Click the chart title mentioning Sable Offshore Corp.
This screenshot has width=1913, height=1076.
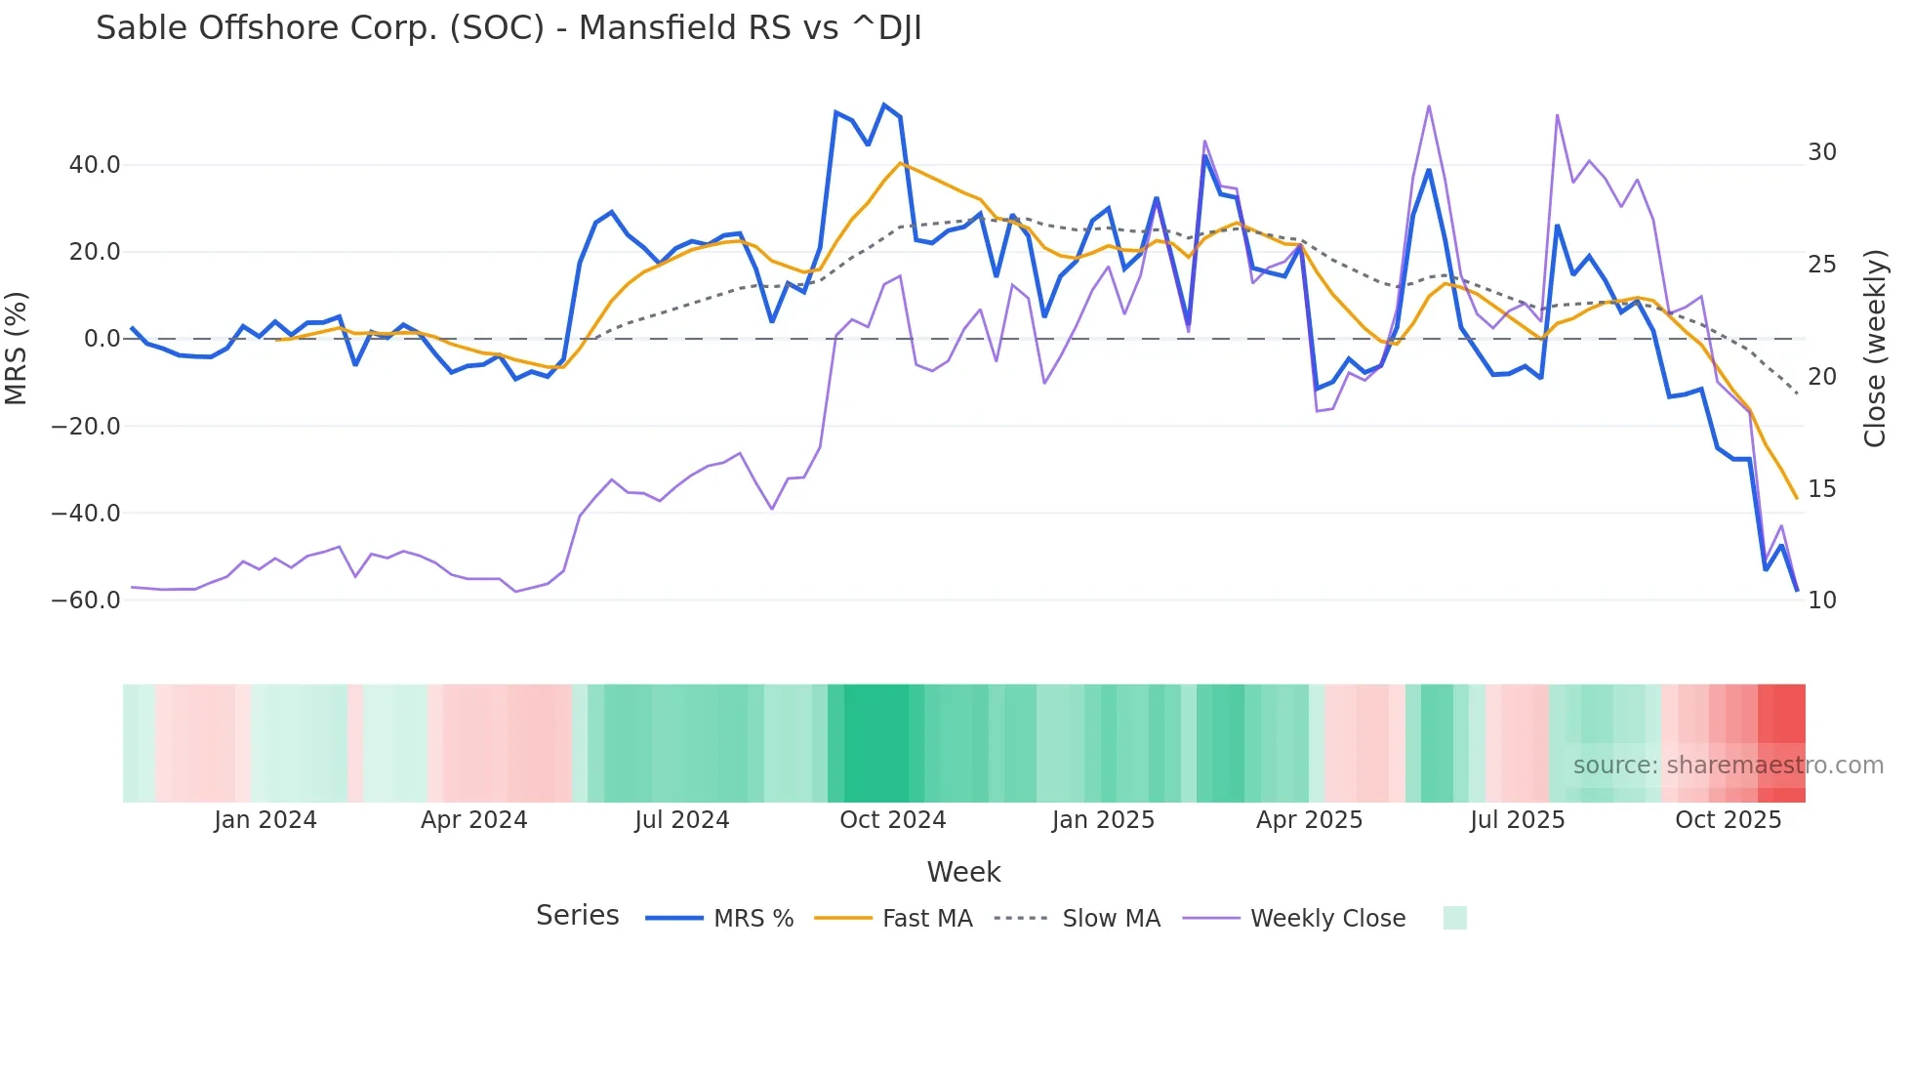(508, 28)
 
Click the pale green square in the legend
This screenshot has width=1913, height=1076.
(1454, 918)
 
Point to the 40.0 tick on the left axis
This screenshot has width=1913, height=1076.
(95, 165)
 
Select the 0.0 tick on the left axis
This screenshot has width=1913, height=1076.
(102, 339)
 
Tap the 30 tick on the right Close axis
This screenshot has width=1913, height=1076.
(1821, 152)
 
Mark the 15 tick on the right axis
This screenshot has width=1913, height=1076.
(1821, 489)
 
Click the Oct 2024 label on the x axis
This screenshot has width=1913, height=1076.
(892, 820)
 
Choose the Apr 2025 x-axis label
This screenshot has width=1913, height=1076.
(1309, 820)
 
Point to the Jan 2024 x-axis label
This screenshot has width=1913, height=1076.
(265, 820)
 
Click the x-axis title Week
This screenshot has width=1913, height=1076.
(963, 872)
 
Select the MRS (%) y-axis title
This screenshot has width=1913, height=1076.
(17, 348)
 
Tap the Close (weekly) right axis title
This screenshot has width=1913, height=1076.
(1875, 349)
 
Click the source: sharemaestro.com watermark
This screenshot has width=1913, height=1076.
(1728, 766)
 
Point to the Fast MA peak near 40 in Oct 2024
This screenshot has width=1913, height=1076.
(900, 162)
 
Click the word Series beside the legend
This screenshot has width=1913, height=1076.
(577, 916)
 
